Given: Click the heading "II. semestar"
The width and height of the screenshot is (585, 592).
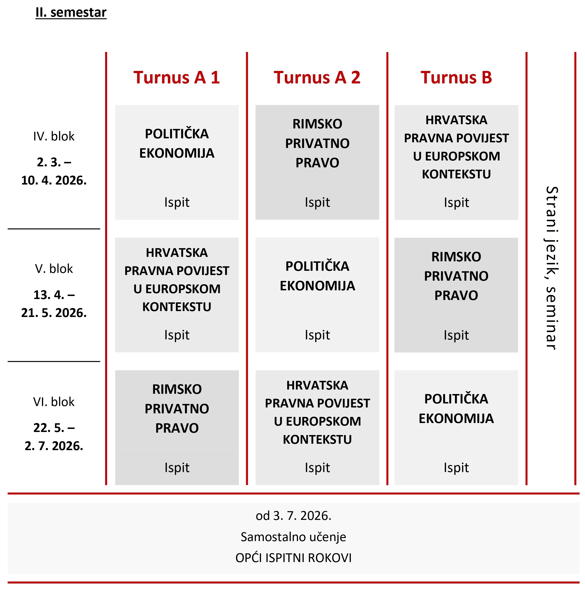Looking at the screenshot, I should (71, 12).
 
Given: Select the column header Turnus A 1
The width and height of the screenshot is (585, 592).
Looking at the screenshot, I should (176, 77).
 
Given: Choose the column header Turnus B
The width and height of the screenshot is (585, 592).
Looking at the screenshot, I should (456, 77).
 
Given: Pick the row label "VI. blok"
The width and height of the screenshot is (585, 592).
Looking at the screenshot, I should (54, 402).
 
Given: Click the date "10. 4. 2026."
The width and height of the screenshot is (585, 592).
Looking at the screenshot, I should (54, 181).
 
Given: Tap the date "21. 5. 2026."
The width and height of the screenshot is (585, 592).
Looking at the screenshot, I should (54, 313).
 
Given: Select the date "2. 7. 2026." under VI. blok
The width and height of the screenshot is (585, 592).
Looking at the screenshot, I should (54, 446).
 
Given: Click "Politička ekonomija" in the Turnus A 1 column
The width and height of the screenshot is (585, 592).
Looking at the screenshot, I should (177, 143).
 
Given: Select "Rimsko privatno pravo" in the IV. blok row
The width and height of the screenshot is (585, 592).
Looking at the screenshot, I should (317, 143).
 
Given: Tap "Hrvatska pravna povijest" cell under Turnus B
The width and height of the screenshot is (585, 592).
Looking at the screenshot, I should (456, 147).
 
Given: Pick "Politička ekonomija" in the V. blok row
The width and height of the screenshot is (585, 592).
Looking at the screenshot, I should (317, 276).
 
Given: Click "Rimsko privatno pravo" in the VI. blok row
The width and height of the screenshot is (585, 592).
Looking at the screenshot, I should (177, 408).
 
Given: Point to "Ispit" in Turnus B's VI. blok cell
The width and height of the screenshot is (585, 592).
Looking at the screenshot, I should (456, 468).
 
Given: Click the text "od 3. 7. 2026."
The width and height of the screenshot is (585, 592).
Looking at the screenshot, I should (293, 516).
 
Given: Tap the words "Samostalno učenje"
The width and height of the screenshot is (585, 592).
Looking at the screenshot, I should (293, 537).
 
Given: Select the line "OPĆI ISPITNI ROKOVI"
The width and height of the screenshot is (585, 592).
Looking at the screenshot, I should (293, 558).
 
